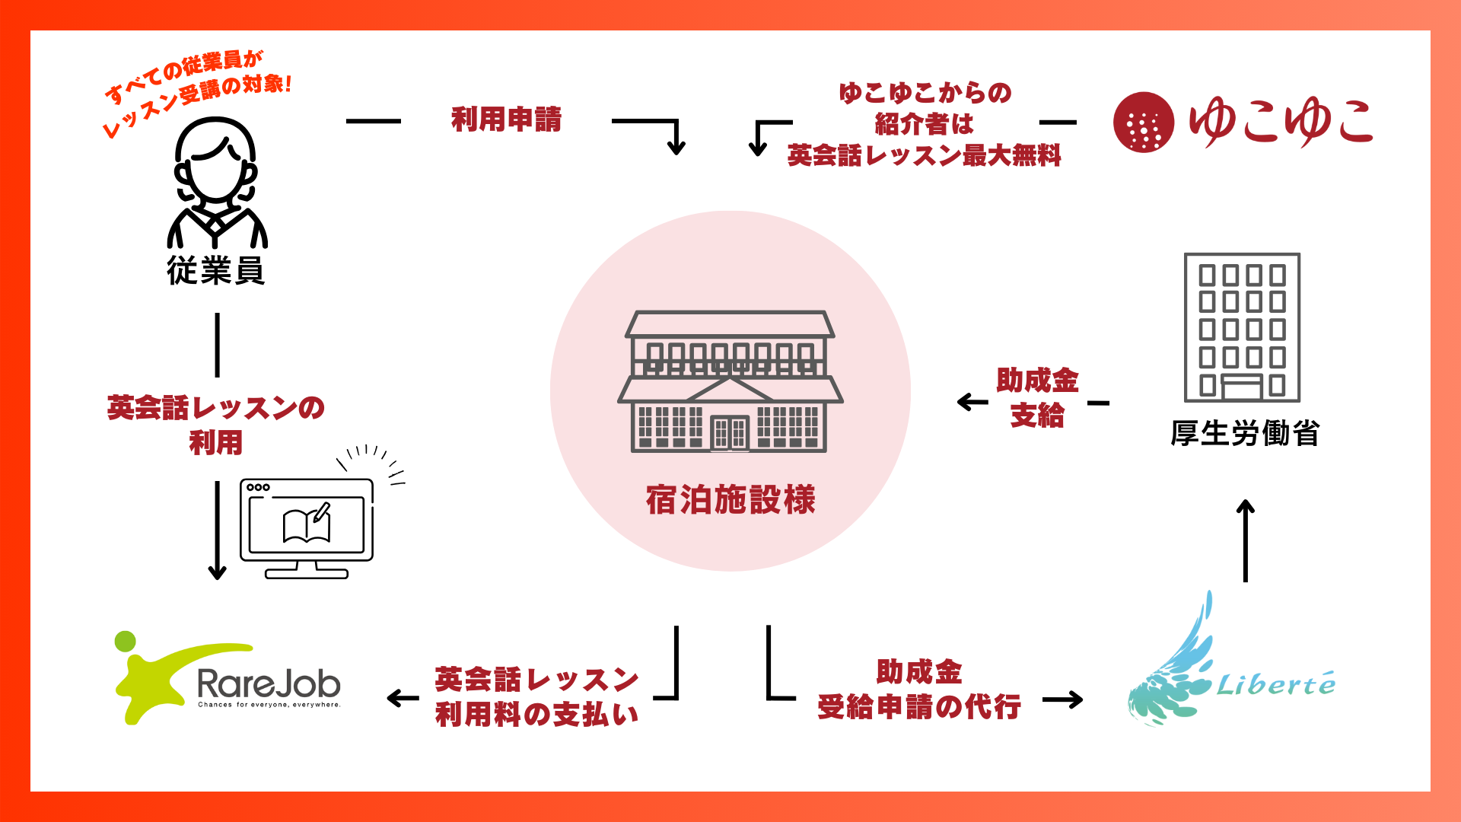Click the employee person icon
click(x=217, y=183)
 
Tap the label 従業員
click(x=216, y=271)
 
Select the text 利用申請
click(x=506, y=119)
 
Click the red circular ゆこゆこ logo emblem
click(x=1143, y=122)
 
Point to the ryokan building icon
click(x=730, y=381)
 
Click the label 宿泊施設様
click(x=730, y=500)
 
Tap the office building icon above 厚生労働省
click(x=1242, y=327)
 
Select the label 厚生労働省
click(x=1244, y=434)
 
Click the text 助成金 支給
click(x=1037, y=397)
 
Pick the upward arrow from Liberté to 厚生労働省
click(x=1245, y=540)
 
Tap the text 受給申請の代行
click(x=918, y=707)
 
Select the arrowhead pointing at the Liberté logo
click(x=1074, y=699)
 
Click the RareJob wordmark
click(x=269, y=683)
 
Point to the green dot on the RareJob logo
click(x=126, y=641)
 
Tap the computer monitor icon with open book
click(x=307, y=527)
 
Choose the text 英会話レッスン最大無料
click(x=924, y=156)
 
